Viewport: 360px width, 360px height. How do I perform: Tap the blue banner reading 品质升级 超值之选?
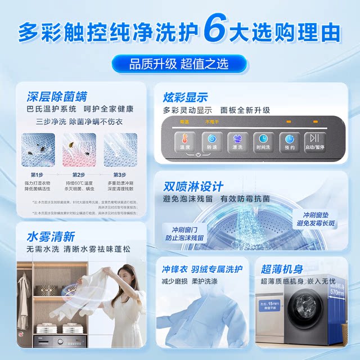point(179,64)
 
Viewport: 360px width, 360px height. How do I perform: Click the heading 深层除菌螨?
point(57,96)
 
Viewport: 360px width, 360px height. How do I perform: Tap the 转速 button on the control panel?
point(213,141)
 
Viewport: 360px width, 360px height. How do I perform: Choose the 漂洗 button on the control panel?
point(237,141)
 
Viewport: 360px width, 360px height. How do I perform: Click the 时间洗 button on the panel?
point(263,141)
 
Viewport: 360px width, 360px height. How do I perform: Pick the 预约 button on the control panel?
point(289,141)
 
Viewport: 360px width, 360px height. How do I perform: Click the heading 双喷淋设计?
point(193,186)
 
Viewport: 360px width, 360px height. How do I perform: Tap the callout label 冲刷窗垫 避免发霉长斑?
point(319,219)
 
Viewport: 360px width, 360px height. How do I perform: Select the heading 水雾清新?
point(50,236)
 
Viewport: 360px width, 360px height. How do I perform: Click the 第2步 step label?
point(78,175)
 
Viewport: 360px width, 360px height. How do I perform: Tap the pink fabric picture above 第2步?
point(78,150)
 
